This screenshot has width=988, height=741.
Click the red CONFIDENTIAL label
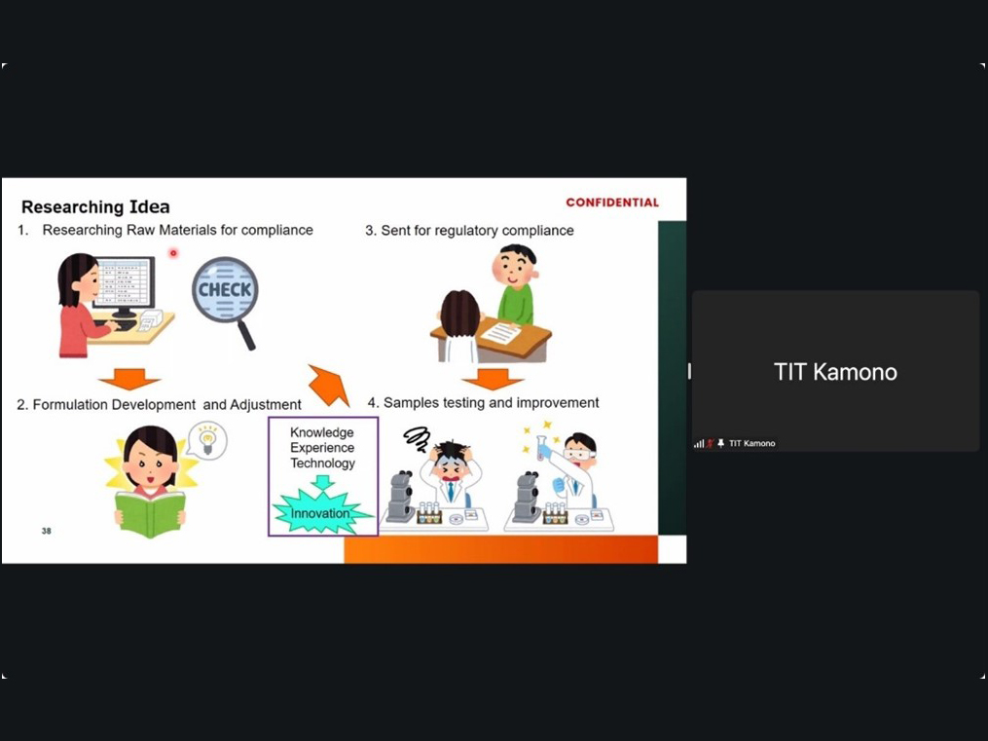point(612,203)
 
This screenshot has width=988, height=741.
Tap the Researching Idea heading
point(95,206)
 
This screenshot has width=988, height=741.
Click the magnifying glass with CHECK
point(226,296)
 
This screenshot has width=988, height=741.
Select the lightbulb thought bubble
point(207,439)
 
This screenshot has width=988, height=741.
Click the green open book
point(150,512)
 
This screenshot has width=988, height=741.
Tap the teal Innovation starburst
point(321,513)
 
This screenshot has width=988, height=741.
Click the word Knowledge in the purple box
point(322,432)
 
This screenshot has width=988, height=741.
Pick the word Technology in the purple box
point(322,463)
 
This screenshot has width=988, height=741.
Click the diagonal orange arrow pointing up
point(329,385)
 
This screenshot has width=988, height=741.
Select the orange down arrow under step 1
point(129,379)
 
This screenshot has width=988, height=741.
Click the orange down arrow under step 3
point(493,380)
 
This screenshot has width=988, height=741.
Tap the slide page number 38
point(46,531)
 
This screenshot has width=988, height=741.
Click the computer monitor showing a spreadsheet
point(125,284)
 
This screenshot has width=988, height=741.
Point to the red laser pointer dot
point(173,253)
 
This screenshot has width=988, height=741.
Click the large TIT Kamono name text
point(835,372)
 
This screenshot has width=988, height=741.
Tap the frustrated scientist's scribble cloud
point(417,438)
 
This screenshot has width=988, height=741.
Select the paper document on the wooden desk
point(501,331)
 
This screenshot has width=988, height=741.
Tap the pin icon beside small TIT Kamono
point(721,444)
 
